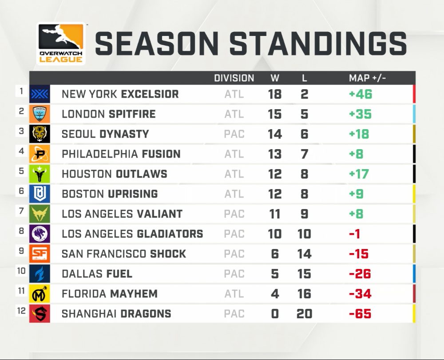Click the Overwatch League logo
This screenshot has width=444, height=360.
61,44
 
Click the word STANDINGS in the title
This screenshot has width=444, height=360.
318,44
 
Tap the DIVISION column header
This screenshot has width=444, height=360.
234,78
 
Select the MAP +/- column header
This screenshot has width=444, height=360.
367,78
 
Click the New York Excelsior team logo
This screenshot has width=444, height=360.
40,94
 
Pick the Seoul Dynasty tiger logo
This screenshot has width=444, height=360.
40,134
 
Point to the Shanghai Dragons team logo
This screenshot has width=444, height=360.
40,313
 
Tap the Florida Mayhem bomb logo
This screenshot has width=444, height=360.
40,293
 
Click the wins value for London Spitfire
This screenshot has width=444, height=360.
275,114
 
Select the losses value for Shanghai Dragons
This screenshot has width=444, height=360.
305,313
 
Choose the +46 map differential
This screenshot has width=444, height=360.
361,94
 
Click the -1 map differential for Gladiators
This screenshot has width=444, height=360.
354,234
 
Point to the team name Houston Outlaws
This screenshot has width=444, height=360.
115,174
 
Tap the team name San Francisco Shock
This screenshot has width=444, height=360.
124,253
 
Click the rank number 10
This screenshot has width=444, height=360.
21,271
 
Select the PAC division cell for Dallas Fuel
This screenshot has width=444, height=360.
234,274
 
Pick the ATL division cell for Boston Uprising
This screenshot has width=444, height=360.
234,194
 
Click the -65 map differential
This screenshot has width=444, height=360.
360,313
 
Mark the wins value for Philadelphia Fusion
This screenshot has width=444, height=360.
275,154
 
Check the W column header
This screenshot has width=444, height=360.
275,78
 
